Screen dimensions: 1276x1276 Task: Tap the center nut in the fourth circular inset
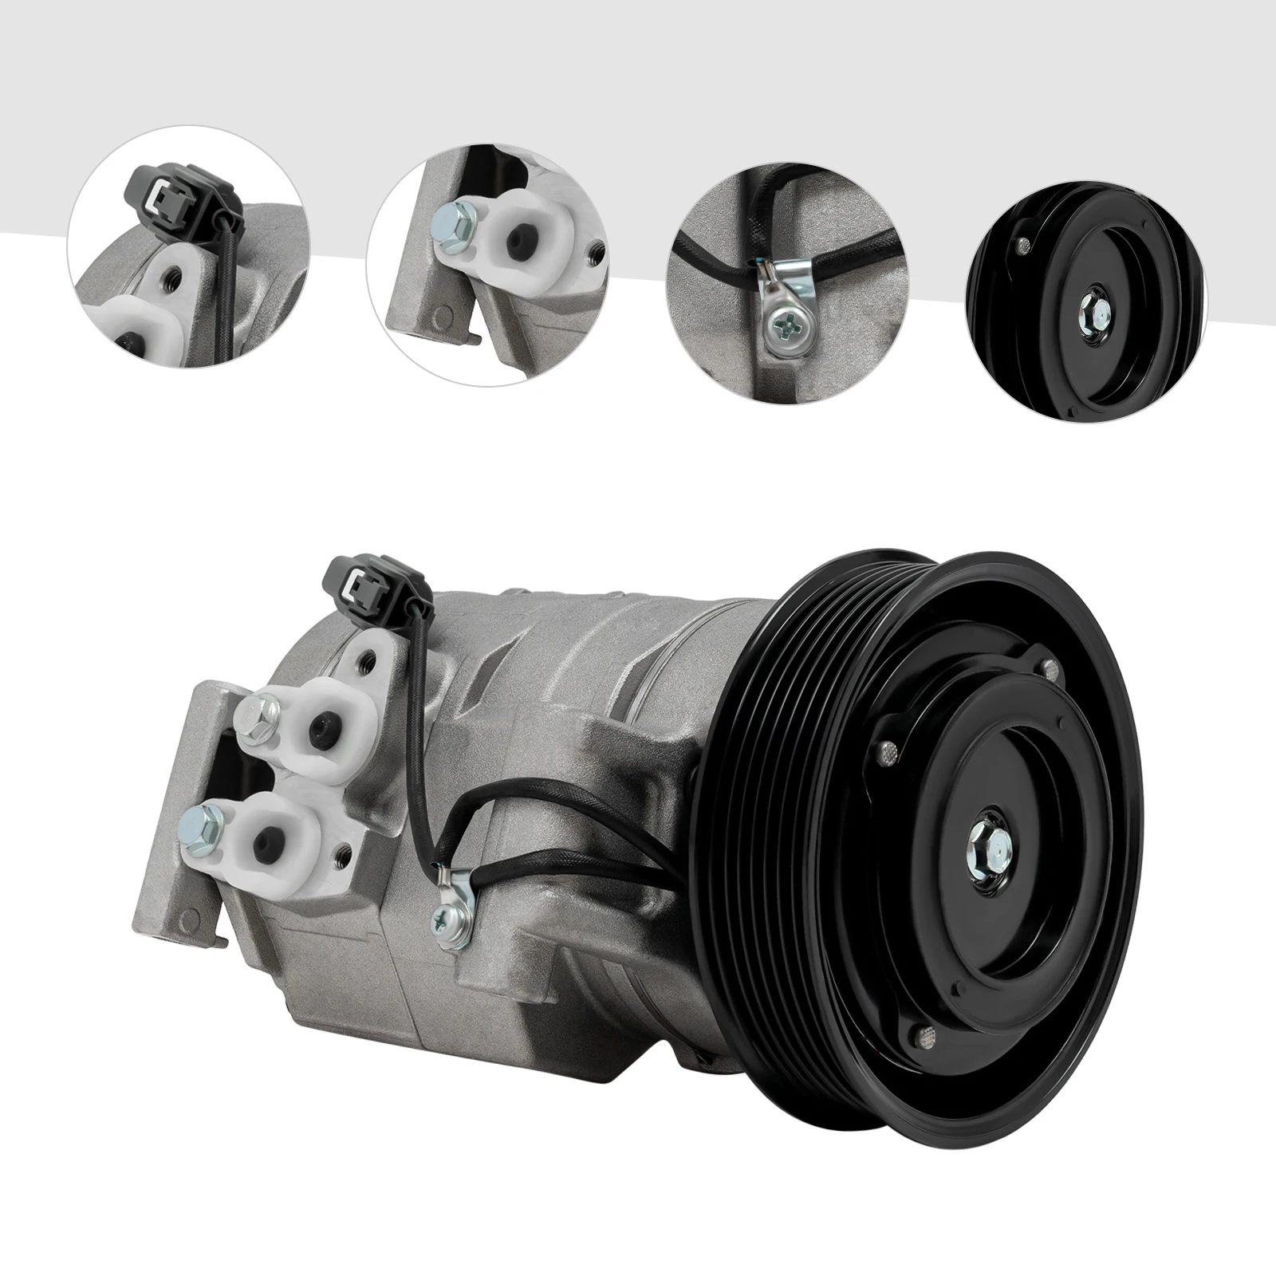(x=1091, y=309)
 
